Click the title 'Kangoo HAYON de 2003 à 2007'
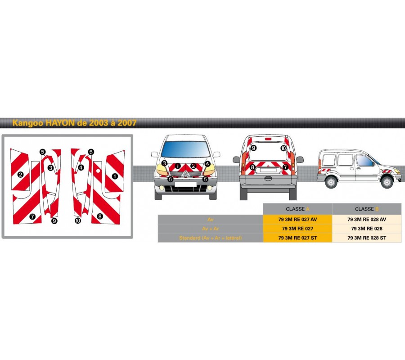tap(74, 123)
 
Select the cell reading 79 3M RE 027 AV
tap(297, 220)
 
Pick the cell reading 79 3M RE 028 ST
tap(367, 238)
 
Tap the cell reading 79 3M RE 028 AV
tap(367, 220)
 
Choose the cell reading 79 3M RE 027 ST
tap(297, 238)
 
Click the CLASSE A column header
tap(297, 209)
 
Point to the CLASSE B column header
tap(367, 209)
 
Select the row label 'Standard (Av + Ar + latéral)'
tap(210, 238)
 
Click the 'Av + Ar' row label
tap(210, 229)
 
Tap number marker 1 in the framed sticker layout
tap(115, 176)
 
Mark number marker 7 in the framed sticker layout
tap(32, 216)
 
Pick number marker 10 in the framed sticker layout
tap(78, 221)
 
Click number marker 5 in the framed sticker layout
tap(42, 152)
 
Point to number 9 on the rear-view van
tap(253, 148)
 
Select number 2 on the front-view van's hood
tap(193, 166)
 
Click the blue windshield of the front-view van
tap(185, 149)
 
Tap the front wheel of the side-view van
tap(387, 182)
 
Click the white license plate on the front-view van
tap(185, 184)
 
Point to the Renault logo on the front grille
tap(185, 174)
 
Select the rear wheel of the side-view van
tap(331, 182)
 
